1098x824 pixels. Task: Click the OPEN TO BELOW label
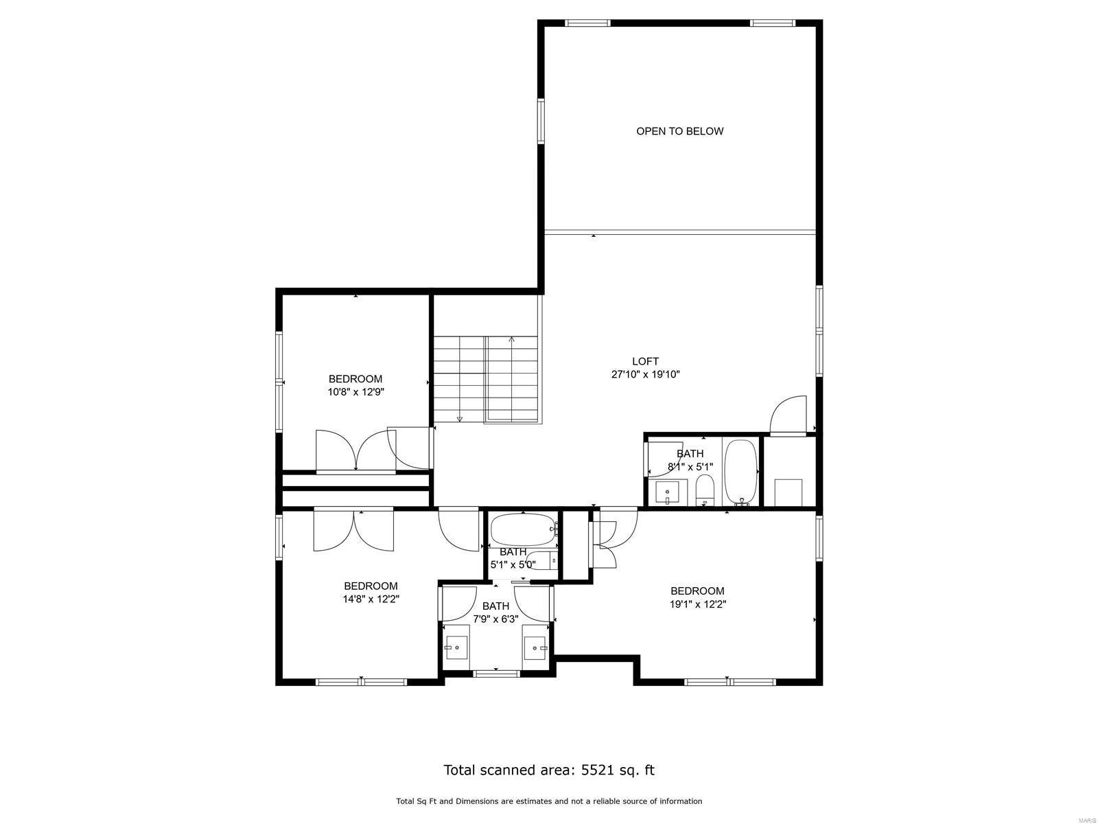(679, 131)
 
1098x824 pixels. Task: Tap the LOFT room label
(645, 361)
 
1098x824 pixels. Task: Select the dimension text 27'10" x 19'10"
(645, 375)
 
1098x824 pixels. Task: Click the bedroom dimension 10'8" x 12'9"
(355, 393)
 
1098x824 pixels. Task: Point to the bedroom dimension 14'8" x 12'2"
(371, 599)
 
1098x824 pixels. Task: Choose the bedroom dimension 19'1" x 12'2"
(697, 604)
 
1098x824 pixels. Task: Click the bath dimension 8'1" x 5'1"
(690, 467)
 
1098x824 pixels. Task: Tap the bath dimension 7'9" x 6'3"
(495, 619)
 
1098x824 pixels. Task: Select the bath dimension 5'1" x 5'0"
(513, 565)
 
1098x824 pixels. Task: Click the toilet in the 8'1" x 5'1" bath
(705, 490)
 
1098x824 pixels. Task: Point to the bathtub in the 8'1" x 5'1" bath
(740, 471)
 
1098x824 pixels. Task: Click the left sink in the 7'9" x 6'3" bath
(456, 648)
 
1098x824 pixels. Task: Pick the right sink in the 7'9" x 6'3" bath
(535, 648)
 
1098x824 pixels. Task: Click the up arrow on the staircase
(511, 340)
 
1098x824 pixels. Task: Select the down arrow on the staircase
(459, 417)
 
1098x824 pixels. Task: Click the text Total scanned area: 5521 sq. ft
(549, 770)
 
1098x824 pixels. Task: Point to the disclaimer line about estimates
(549, 801)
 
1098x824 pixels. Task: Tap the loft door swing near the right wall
(789, 415)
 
